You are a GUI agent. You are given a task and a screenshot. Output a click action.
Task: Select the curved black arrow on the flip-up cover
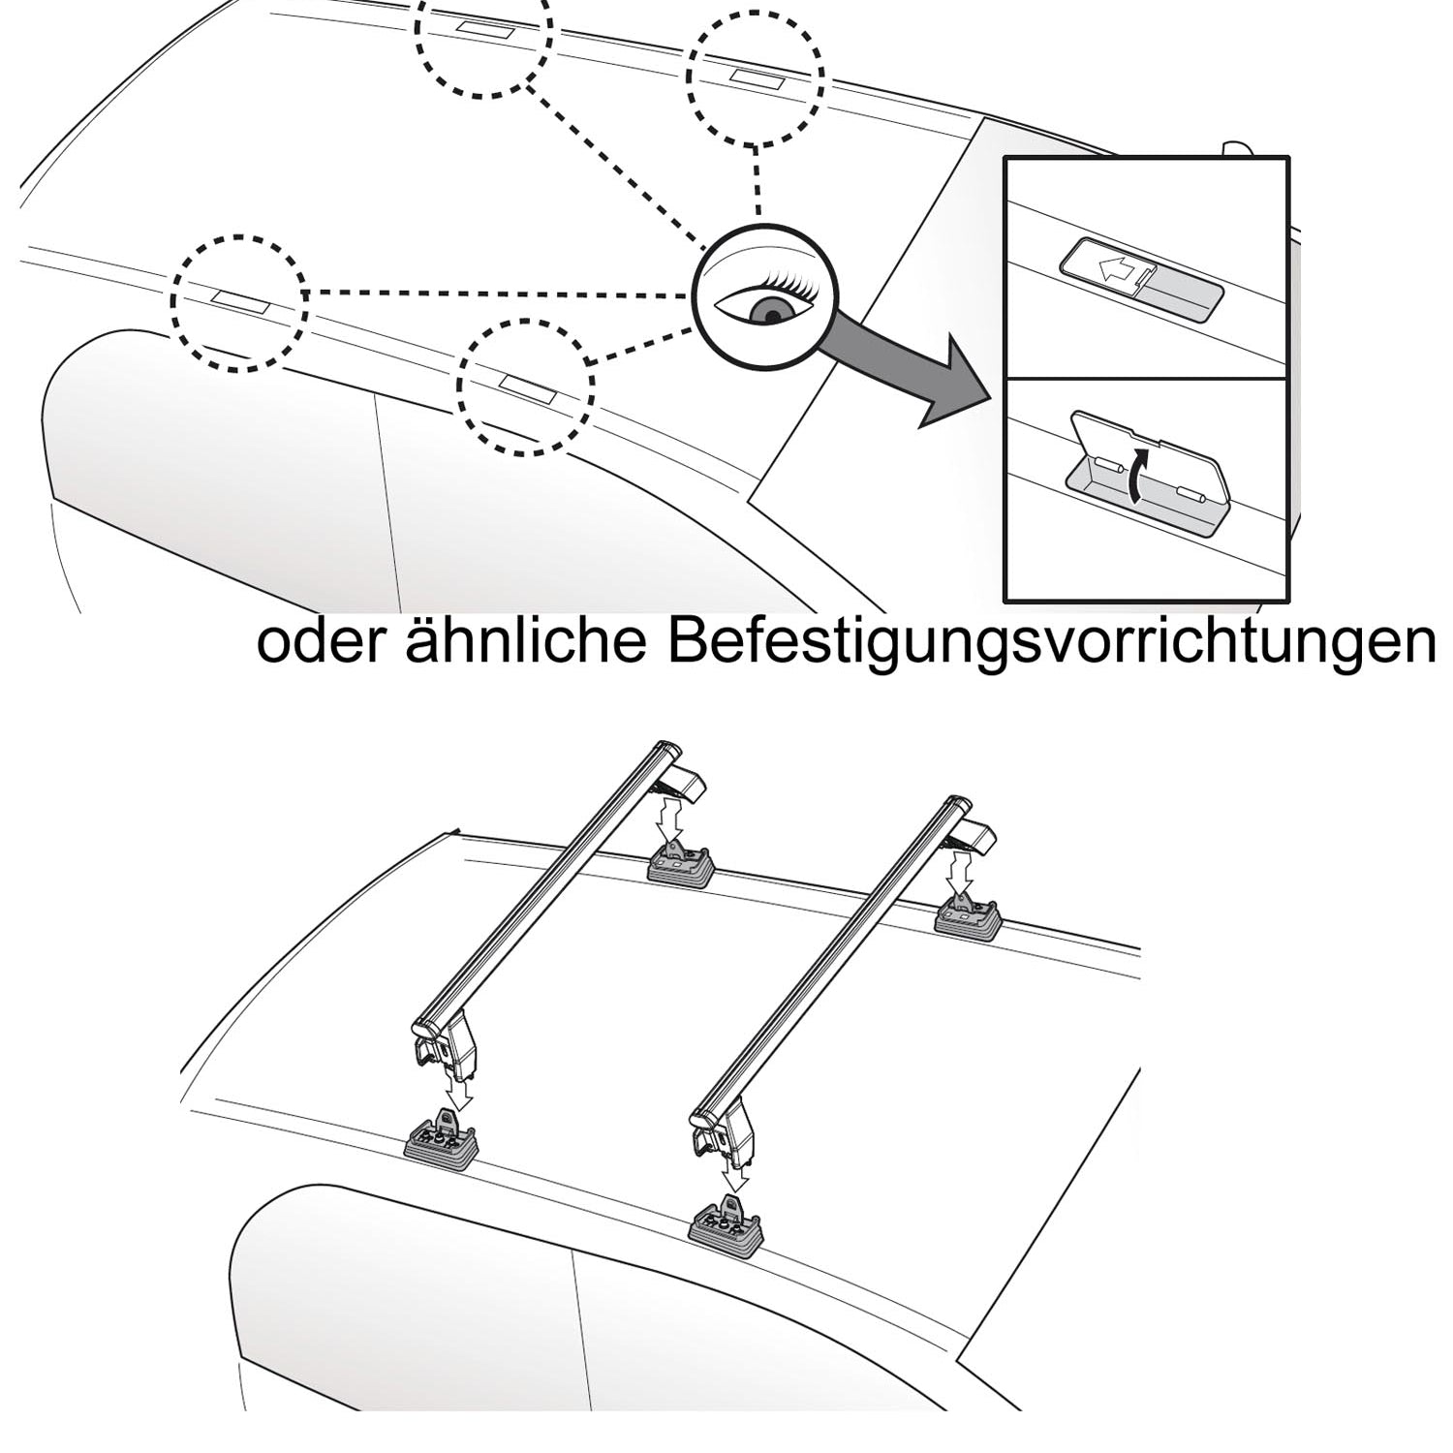[x=1139, y=475]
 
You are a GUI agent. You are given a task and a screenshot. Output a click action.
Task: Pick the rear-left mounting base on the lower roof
[x=681, y=863]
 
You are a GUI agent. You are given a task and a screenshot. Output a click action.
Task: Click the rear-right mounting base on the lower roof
[x=967, y=916]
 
